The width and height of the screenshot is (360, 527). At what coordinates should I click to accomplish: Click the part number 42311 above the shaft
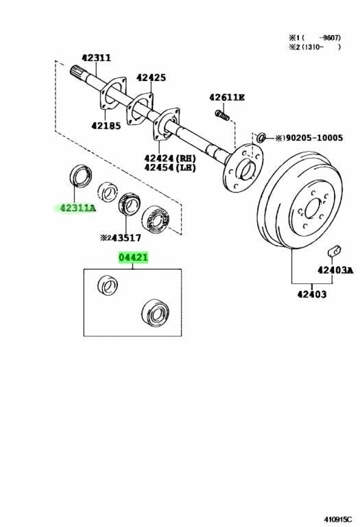coord(97,58)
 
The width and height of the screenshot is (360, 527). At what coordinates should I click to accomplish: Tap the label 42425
coord(151,78)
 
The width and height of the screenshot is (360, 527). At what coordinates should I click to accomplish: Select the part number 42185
coord(106,126)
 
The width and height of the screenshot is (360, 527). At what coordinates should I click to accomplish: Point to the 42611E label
coord(227,97)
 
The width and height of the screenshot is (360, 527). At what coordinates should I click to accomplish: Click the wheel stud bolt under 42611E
coord(222,115)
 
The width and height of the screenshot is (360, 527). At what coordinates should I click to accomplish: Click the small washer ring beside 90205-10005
coord(261,137)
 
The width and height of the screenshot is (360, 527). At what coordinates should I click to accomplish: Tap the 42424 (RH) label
coord(170,158)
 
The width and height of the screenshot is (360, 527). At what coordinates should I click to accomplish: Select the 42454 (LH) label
coord(170,167)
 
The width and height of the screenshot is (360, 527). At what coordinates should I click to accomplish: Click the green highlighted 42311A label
coord(78,209)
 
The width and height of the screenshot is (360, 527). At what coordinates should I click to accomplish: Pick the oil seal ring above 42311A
coord(81,175)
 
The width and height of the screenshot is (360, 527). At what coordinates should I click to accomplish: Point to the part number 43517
coord(126,238)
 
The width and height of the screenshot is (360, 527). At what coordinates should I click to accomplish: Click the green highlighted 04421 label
coord(133,258)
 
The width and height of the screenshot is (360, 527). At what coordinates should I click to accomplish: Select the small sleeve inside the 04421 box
coord(108,285)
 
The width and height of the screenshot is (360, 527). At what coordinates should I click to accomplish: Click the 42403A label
coord(335,270)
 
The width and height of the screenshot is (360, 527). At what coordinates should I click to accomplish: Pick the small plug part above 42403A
coord(334,250)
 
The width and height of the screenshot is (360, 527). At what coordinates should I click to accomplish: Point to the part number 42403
coord(311,294)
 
